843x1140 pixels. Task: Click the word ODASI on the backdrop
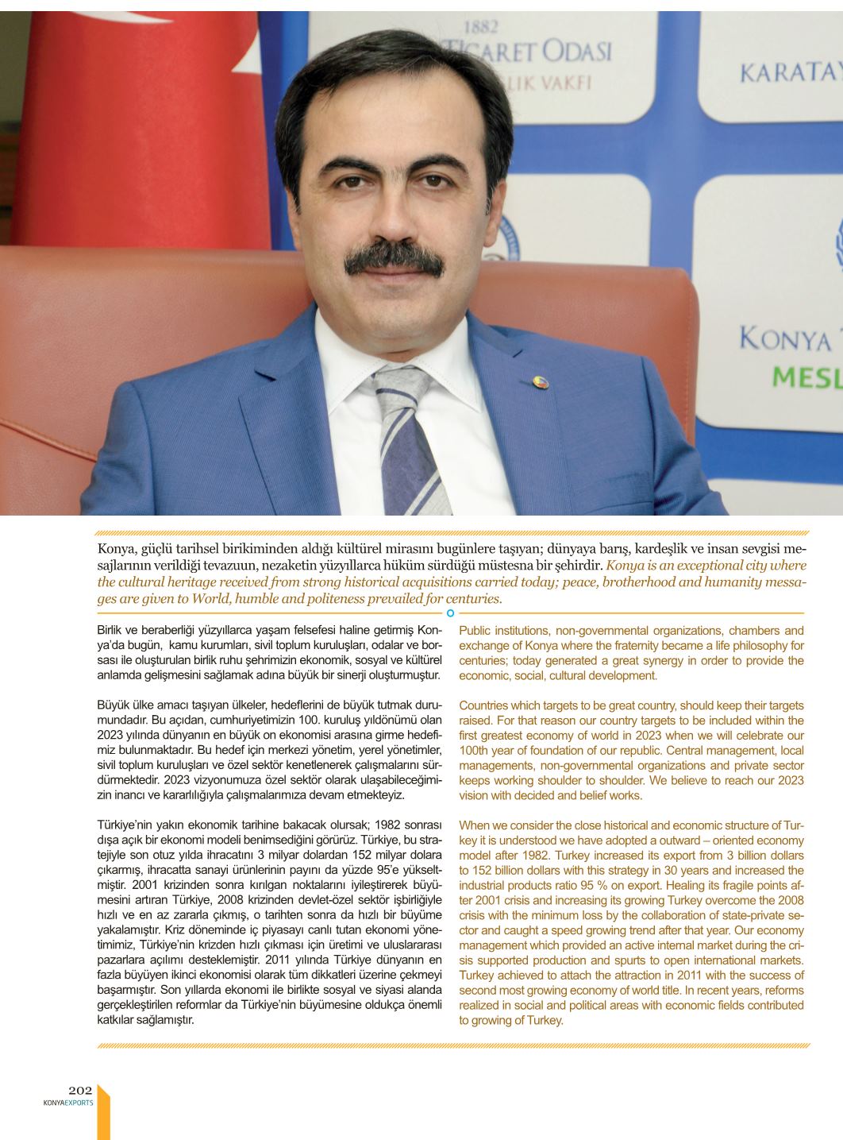[571, 52]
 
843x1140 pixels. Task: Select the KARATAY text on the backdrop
[789, 74]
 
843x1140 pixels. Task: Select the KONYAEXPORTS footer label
[68, 1103]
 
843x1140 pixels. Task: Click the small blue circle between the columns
[450, 613]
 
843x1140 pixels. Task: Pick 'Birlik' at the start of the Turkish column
[111, 631]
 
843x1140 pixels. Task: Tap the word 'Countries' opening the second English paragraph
[485, 705]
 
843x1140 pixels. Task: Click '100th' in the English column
[475, 751]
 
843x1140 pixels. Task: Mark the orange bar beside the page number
[103, 1112]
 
